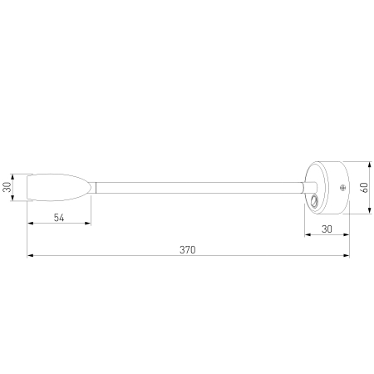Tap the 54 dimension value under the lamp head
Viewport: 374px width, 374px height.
61,218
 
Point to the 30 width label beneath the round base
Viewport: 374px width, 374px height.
327,228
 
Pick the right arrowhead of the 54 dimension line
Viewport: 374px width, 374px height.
91,224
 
